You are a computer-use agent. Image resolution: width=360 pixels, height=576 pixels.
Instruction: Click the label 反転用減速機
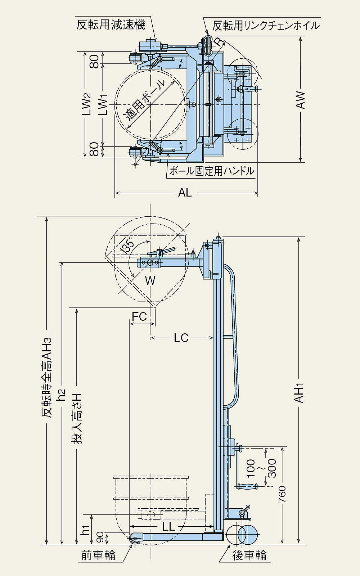[111, 25]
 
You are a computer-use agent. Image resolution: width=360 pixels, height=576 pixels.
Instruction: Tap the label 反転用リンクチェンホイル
[266, 26]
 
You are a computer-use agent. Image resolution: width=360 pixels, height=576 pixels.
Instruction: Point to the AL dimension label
[185, 193]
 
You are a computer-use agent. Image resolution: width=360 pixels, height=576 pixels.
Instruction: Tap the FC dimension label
[139, 317]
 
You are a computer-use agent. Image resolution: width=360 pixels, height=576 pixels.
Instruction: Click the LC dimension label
[181, 338]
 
